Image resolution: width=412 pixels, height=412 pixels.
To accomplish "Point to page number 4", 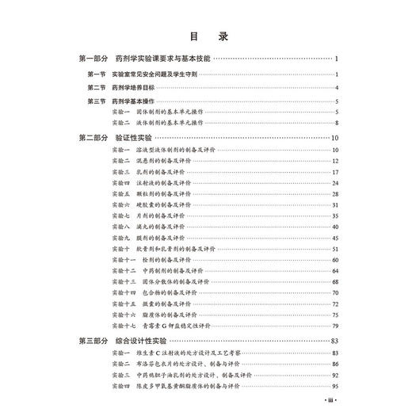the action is tap(337, 87).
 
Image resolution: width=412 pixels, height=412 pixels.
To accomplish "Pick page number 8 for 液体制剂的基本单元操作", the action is tap(337, 124).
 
